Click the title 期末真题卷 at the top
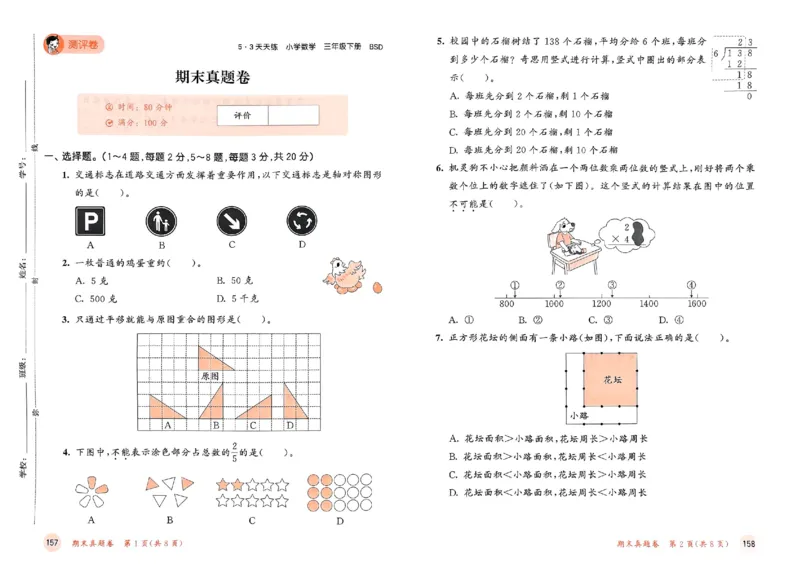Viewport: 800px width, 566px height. pyautogui.click(x=211, y=76)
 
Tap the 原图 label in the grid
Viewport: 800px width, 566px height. pyautogui.click(x=210, y=376)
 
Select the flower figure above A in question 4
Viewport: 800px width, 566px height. pyautogui.click(x=91, y=487)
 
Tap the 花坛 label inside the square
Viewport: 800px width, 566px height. pyautogui.click(x=613, y=380)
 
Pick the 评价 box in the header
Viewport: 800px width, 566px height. pyautogui.click(x=242, y=116)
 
